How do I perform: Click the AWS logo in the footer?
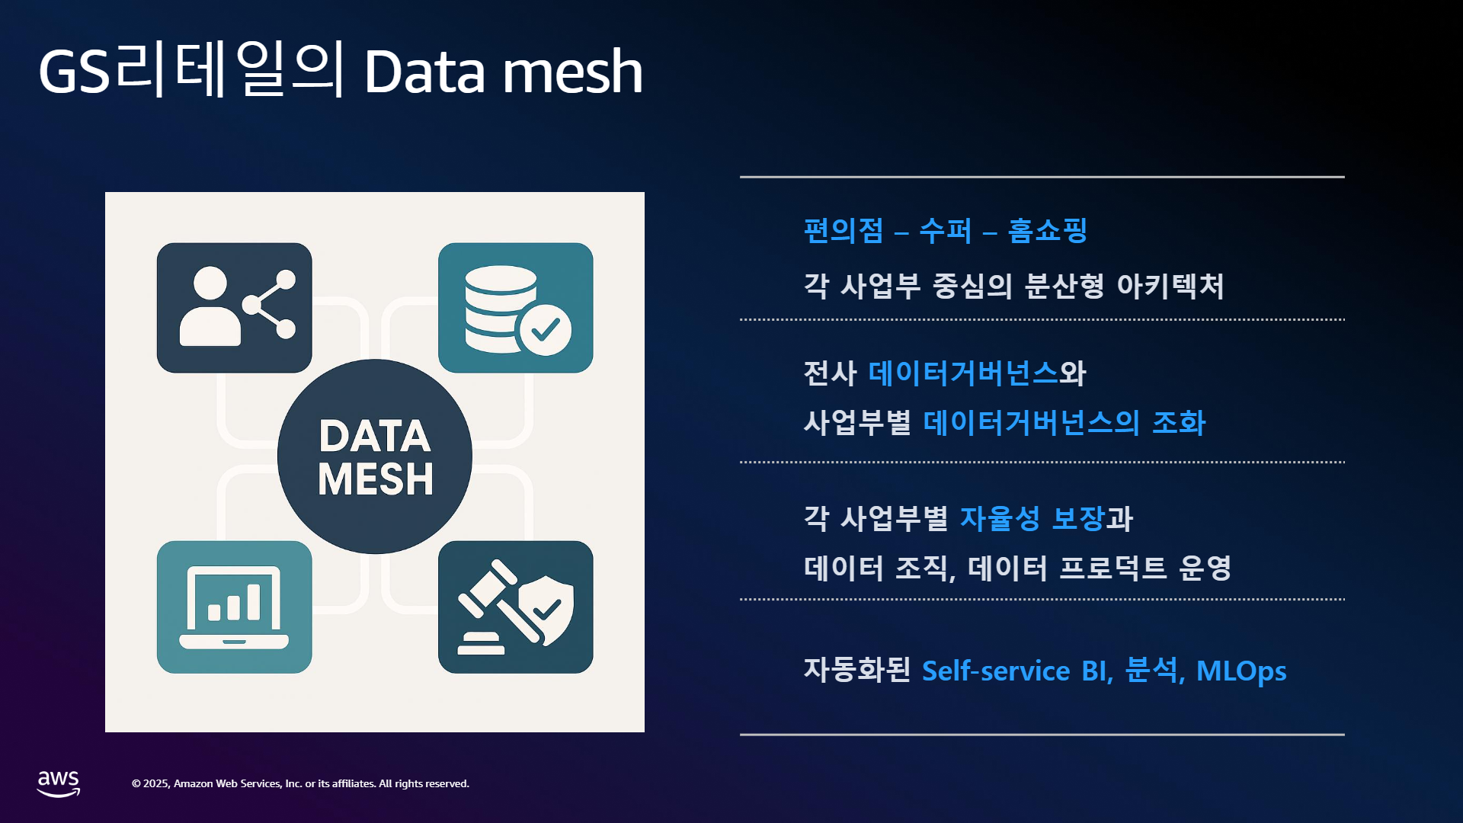[59, 783]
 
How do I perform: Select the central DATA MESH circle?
[375, 456]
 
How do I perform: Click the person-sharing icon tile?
[235, 308]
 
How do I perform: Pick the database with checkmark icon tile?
[516, 308]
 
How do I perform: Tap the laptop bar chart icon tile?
[235, 607]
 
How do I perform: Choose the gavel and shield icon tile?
[516, 607]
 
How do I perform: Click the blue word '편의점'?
[844, 230]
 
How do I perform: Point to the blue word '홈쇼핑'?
[1048, 230]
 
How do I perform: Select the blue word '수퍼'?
[946, 230]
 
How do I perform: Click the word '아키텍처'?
[1170, 286]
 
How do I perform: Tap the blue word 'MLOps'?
[1241, 671]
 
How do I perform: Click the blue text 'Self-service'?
[996, 671]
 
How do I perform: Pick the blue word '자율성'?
[1000, 518]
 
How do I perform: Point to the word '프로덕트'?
[1113, 568]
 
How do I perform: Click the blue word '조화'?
[1179, 423]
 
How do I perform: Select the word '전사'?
[831, 373]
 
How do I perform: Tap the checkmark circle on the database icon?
[545, 330]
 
